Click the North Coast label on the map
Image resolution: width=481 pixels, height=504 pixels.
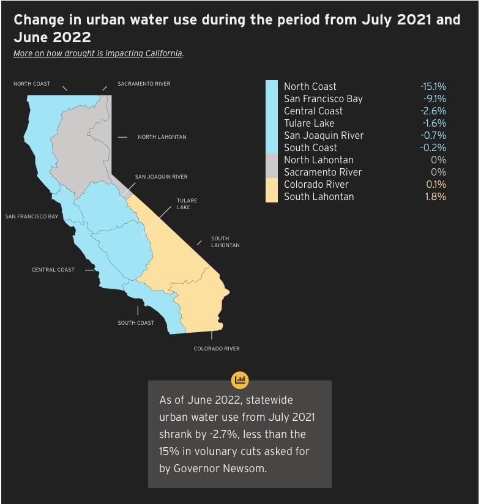[x=32, y=84]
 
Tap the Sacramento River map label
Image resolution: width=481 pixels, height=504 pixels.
[x=144, y=84]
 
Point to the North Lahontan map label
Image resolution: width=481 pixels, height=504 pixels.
[x=162, y=137]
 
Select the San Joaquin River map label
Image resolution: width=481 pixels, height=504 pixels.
[x=161, y=177]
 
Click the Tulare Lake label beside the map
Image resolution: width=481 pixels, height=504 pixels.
[x=187, y=204]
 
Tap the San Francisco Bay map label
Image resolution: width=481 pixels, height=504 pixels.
[x=32, y=217]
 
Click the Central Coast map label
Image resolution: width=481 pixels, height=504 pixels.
[x=53, y=270]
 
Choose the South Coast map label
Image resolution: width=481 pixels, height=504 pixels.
[x=136, y=323]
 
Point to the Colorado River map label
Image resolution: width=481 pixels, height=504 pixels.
[x=217, y=349]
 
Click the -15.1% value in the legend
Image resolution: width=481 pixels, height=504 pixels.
[x=433, y=86]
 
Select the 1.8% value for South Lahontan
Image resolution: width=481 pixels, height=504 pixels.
[x=436, y=196]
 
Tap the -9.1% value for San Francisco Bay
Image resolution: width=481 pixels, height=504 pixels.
[x=434, y=98]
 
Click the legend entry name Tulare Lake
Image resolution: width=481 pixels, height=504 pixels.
[x=309, y=123]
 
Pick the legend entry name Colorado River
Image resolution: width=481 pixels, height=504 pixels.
[x=316, y=184]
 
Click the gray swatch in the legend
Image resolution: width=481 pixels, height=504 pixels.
[x=272, y=166]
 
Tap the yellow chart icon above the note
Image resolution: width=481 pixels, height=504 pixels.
[x=240, y=380]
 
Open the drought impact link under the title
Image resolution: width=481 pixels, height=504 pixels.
[x=99, y=53]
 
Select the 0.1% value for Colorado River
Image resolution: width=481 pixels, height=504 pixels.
[x=436, y=184]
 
